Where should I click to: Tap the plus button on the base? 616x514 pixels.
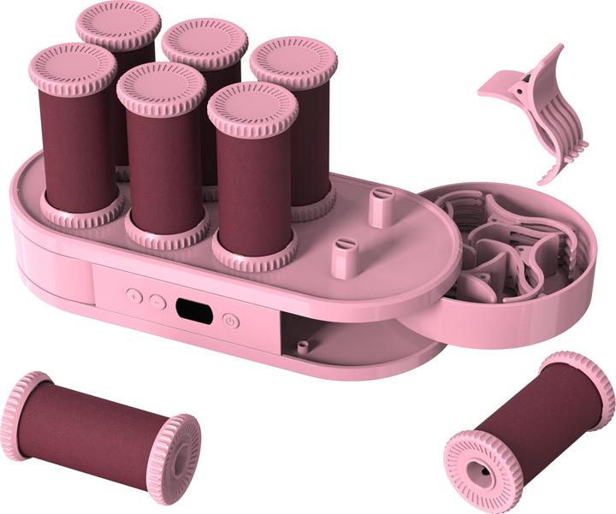coord(133,295)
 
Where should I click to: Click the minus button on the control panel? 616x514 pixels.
coord(157,301)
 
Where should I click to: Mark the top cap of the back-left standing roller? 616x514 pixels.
coord(118,22)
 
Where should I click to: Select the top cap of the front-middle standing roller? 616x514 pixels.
coord(160,86)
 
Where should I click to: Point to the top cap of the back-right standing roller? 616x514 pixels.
coord(293,60)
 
